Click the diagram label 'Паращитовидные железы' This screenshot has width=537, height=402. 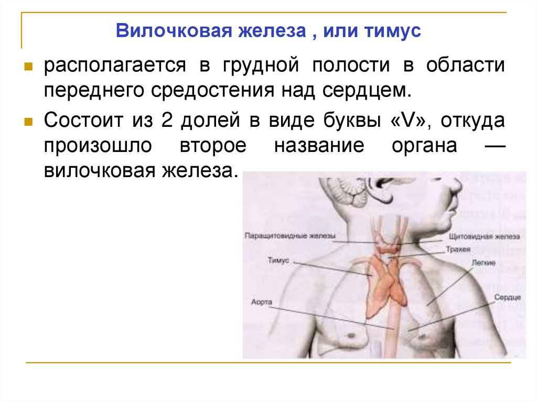289,236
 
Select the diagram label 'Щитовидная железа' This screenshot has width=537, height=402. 489,236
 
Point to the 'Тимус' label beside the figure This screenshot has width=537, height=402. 278,260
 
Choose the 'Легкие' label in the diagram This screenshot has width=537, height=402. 482,262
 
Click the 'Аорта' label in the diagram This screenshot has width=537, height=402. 262,302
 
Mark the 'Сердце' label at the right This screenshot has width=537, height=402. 507,297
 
